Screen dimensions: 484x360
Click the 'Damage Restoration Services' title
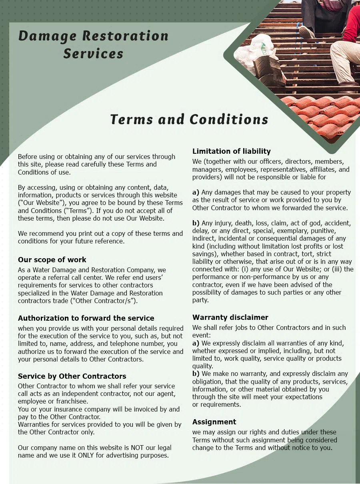point(93,44)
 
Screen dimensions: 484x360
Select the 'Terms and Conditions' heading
point(189,119)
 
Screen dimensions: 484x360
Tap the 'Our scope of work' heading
point(52,259)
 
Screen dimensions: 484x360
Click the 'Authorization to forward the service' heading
point(86,318)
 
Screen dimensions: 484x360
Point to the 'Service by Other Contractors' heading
point(72,376)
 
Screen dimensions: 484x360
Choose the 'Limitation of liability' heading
point(232,151)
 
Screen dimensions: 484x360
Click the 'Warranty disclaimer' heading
point(230,317)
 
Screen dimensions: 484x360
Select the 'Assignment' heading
point(214,422)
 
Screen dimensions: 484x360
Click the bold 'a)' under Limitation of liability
point(196,192)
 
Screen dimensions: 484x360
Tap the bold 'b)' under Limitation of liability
point(196,223)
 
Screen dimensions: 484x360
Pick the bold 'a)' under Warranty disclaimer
point(196,343)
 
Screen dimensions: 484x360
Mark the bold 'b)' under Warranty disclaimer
point(196,374)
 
